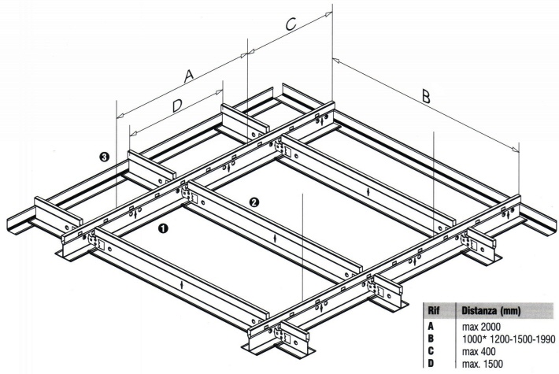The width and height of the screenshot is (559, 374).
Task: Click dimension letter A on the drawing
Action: (x=189, y=76)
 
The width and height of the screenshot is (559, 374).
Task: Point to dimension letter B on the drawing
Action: (x=426, y=95)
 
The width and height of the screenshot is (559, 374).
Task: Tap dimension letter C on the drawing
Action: (x=291, y=24)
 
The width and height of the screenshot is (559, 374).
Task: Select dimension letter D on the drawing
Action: (x=177, y=106)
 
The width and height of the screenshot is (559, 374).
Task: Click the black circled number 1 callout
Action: (x=163, y=228)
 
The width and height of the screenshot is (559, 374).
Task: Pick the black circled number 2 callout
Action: (x=254, y=202)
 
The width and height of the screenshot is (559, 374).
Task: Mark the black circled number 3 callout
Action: (x=105, y=156)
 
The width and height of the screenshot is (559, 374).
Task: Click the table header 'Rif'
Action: (x=433, y=310)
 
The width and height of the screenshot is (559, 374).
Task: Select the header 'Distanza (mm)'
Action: (x=491, y=311)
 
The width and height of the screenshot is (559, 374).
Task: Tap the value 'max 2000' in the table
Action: (x=481, y=326)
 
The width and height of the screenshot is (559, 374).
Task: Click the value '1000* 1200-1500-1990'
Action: (x=509, y=339)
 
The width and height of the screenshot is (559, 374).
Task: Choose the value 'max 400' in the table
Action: (x=479, y=351)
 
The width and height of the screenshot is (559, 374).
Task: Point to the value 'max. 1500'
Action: (x=483, y=364)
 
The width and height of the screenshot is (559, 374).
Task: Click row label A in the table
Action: (x=431, y=326)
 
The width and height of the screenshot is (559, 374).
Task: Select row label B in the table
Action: (x=431, y=339)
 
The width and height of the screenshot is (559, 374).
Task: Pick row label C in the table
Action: (x=431, y=351)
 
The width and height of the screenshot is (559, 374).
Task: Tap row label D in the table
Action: (x=431, y=364)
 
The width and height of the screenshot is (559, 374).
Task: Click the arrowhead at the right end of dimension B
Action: (x=516, y=149)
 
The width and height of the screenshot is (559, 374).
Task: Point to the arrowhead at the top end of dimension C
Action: (x=328, y=14)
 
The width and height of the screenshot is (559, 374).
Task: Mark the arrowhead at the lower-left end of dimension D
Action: (x=133, y=134)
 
